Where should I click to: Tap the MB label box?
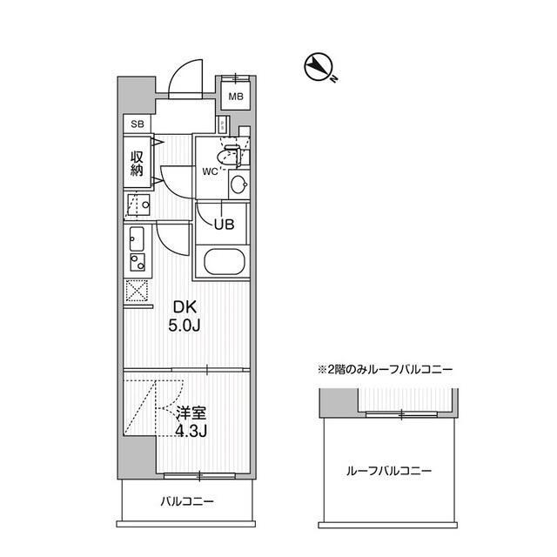[x=236, y=96]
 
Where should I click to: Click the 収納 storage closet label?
[x=137, y=163]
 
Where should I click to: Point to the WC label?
[x=210, y=171]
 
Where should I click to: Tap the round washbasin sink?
[x=238, y=185]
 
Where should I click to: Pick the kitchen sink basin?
[x=137, y=238]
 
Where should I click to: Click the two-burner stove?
[x=137, y=262]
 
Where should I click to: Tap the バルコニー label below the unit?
[x=187, y=501]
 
